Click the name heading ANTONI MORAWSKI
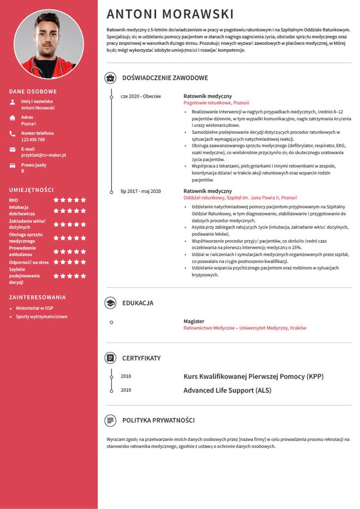170,14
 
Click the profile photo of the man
49,44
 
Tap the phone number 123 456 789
33,140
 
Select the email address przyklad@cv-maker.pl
44,155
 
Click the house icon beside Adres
13,118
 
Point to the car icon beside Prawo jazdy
13,165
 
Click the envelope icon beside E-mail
13,149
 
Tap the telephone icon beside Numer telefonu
13,134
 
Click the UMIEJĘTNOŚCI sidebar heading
31,190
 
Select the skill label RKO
14,200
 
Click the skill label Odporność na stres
29,262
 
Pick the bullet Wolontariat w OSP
34,308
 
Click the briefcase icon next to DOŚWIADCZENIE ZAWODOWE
111,78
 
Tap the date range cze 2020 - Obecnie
141,96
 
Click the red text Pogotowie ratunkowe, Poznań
216,103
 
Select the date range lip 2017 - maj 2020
141,191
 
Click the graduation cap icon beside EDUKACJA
111,303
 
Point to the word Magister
194,321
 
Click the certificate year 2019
126,390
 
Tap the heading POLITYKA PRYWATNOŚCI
158,421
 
